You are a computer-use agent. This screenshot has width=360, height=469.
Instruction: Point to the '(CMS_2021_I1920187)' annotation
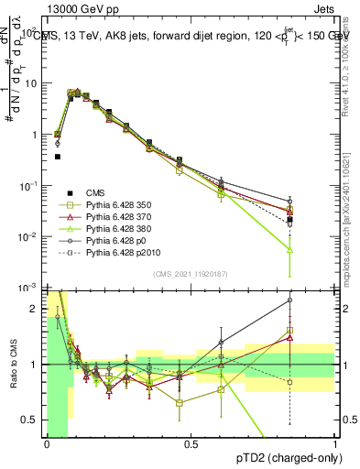tap(191, 273)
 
